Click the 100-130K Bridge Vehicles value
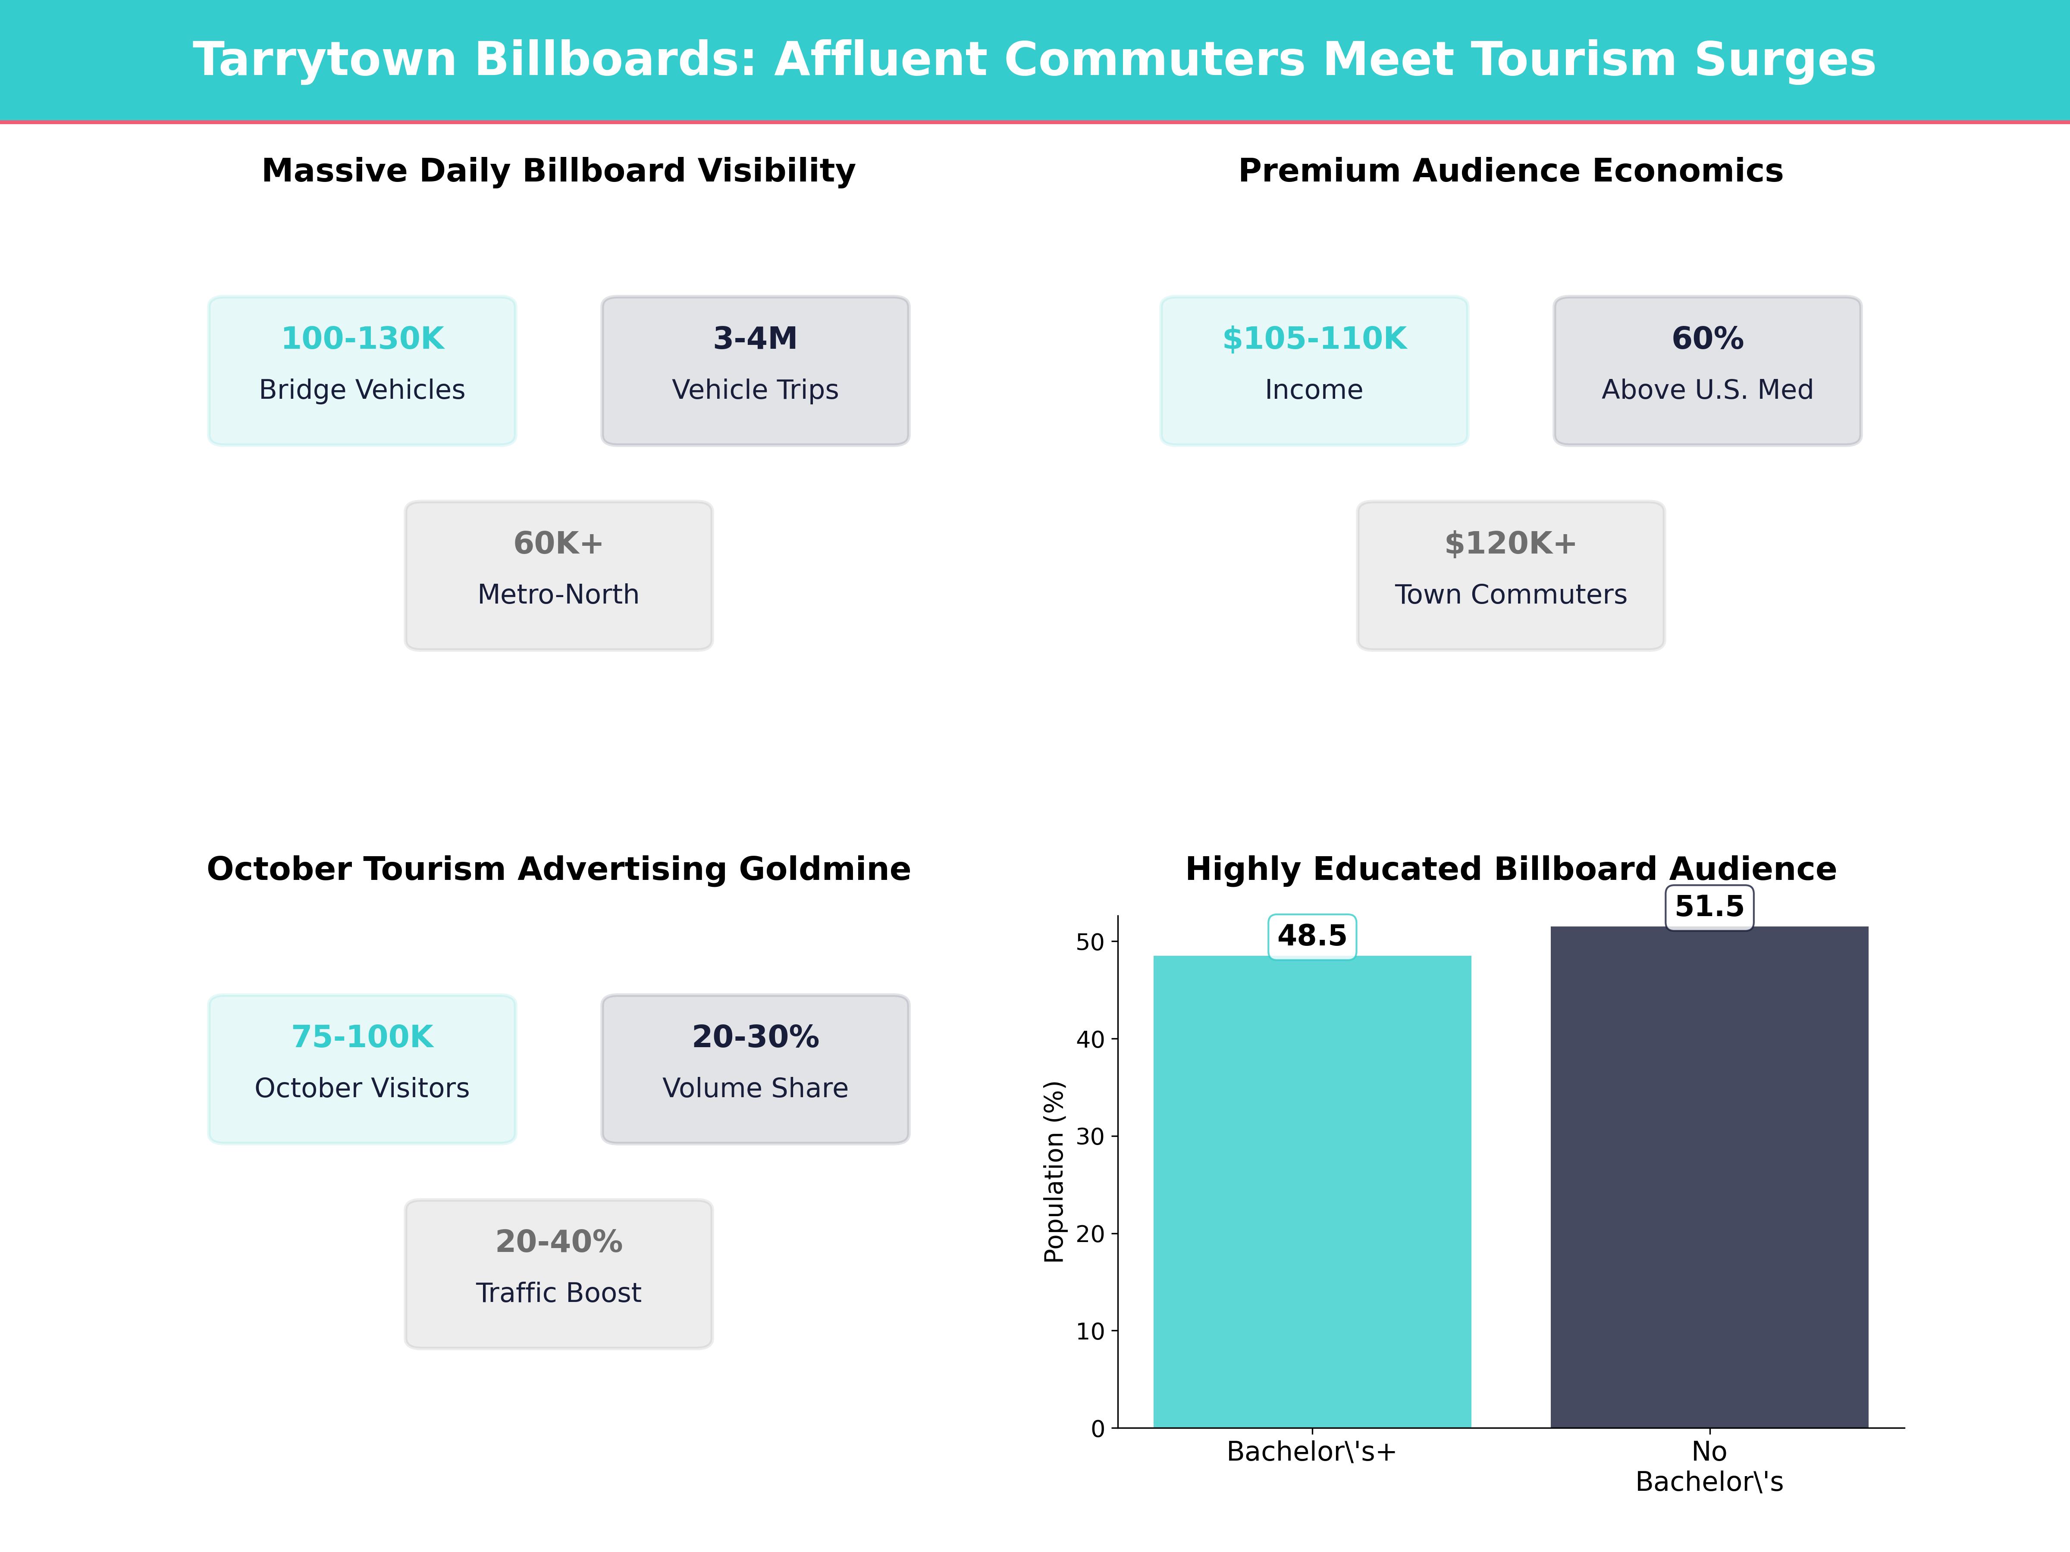click(362, 339)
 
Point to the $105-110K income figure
click(1314, 339)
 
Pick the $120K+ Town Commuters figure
click(1510, 544)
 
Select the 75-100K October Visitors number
click(362, 1036)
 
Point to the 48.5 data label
click(1312, 936)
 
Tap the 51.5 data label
click(1709, 907)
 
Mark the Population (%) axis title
click(1055, 1171)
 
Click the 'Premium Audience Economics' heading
click(1510, 171)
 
